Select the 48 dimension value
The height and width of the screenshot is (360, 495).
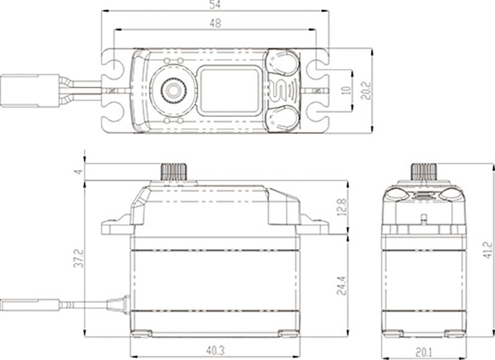(215, 23)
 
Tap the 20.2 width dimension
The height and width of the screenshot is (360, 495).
(366, 91)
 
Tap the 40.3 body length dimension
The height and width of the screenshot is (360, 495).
(214, 351)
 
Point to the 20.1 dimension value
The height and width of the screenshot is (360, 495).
(423, 351)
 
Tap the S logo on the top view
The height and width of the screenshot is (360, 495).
(282, 91)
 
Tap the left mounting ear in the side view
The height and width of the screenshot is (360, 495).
(116, 227)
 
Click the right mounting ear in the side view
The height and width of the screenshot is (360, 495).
(314, 227)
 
